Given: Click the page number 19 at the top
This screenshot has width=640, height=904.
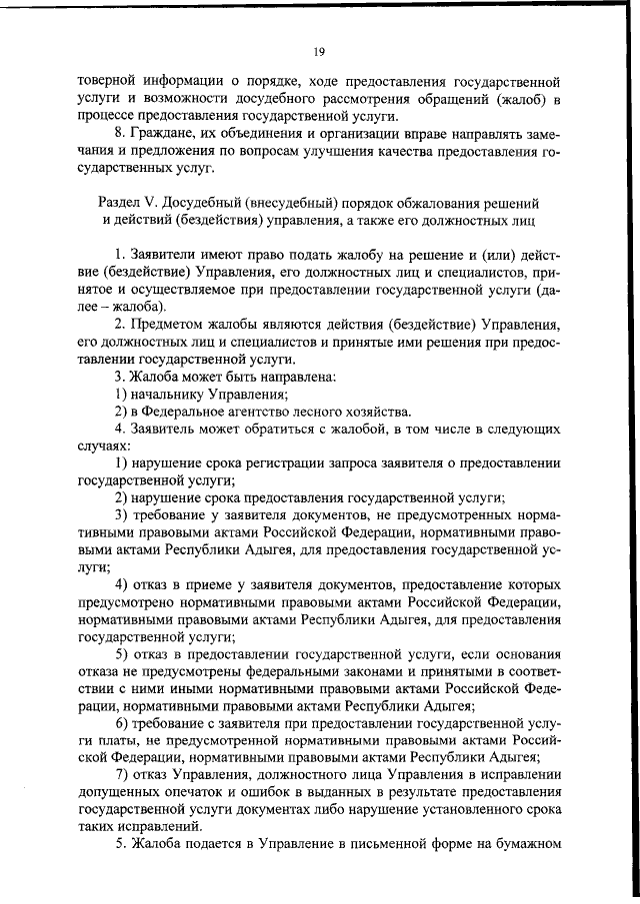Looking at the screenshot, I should [x=319, y=52].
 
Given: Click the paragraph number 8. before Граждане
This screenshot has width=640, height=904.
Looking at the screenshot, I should [x=119, y=134].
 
